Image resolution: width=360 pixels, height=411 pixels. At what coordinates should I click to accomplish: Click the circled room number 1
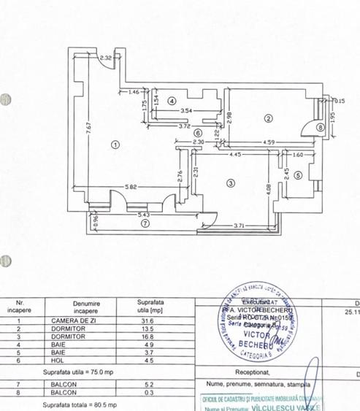coord(115,144)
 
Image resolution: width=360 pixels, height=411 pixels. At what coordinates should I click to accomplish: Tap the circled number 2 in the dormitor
coord(268,118)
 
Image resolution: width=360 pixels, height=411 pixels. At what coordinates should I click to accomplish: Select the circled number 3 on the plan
coord(230,183)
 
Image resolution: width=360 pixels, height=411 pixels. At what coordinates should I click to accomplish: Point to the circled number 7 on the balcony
coord(145,225)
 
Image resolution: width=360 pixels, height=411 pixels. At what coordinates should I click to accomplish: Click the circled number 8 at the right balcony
coord(320,127)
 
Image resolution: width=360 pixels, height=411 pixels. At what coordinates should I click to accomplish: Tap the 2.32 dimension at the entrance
coord(106,58)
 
